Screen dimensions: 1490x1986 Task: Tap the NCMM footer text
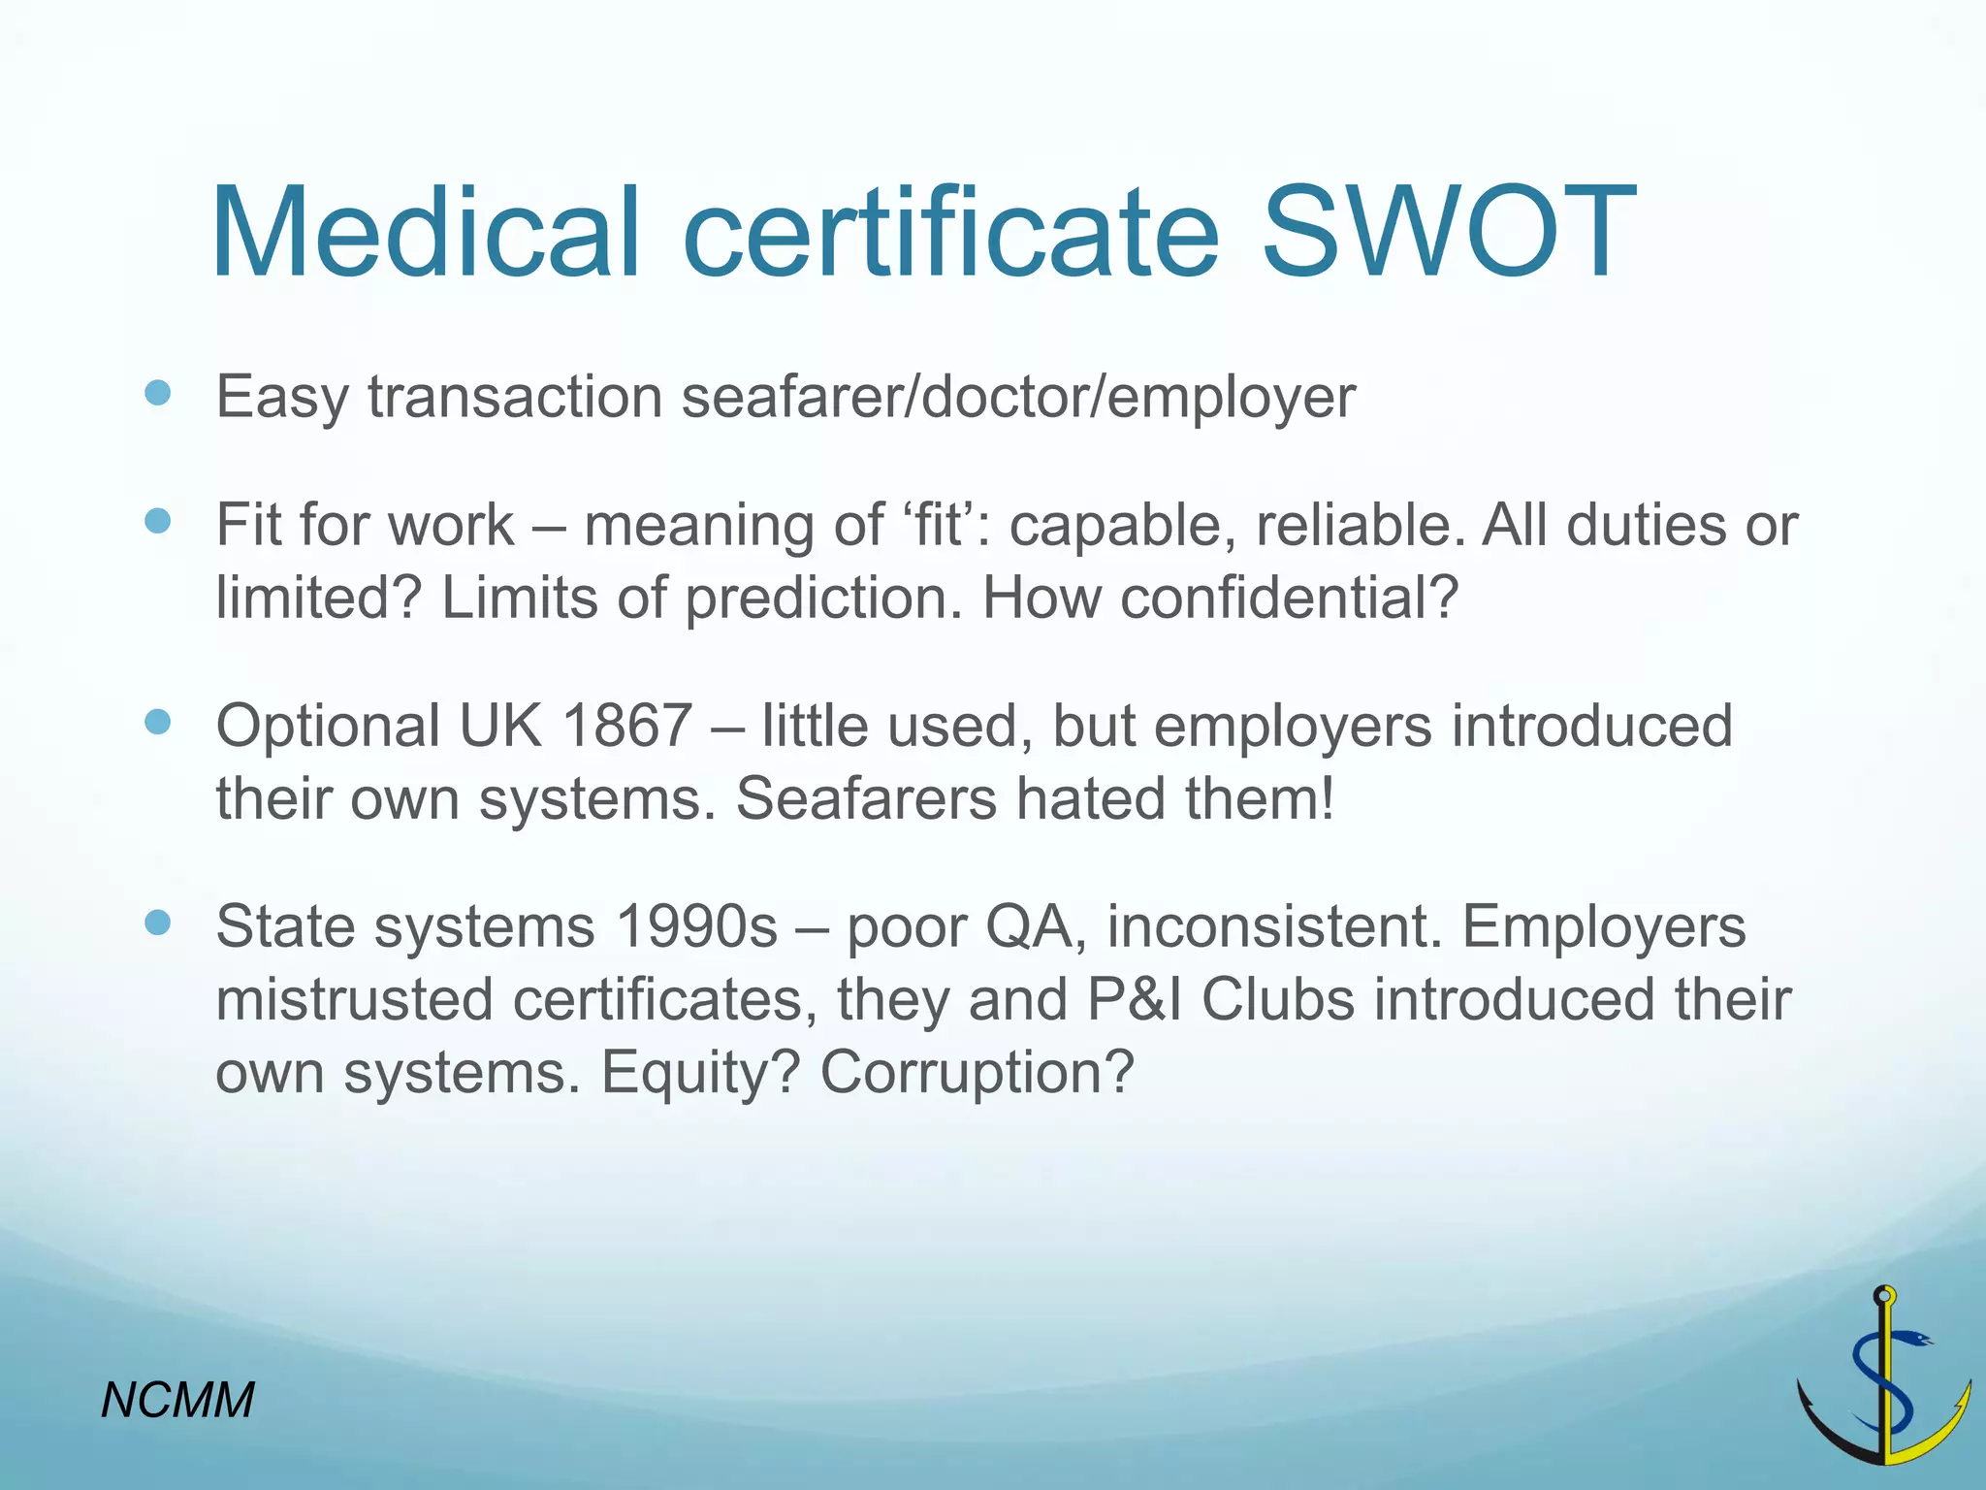tap(178, 1400)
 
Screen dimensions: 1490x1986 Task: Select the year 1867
tap(627, 726)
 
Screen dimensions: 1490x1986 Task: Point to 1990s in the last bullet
tap(696, 926)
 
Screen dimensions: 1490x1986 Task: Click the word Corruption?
tap(977, 1072)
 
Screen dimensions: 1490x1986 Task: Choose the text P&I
tap(1134, 999)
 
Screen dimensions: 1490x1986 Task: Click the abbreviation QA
tap(1036, 926)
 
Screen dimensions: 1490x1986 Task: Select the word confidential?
tap(1289, 597)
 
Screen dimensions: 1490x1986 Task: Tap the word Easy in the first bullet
tap(281, 398)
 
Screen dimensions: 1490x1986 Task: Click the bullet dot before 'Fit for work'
tap(157, 522)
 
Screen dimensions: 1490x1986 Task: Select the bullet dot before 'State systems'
tap(157, 923)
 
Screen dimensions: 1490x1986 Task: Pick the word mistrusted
tap(355, 999)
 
